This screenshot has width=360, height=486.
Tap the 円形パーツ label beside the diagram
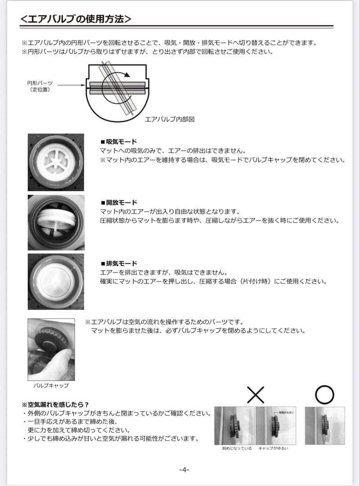coord(40,83)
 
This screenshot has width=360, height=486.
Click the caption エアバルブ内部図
coord(169,120)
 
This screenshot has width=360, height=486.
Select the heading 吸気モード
coord(119,142)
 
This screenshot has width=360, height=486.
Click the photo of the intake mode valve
coord(56,162)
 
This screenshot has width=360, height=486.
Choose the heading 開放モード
coord(119,202)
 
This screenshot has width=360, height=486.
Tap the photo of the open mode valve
coord(56,222)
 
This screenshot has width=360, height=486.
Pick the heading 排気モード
coord(119,263)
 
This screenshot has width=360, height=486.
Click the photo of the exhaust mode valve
coord(56,281)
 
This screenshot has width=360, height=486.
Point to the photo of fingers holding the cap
coord(51,349)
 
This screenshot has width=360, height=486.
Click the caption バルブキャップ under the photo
coord(51,386)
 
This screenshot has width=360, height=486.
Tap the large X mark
coord(256,395)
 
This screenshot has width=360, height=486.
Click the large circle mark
coord(324,395)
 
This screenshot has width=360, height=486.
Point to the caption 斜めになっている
coord(234,449)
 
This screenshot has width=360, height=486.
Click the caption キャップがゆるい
coord(273,449)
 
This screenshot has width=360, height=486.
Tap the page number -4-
coord(184,469)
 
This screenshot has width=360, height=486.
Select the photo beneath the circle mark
coord(325,426)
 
